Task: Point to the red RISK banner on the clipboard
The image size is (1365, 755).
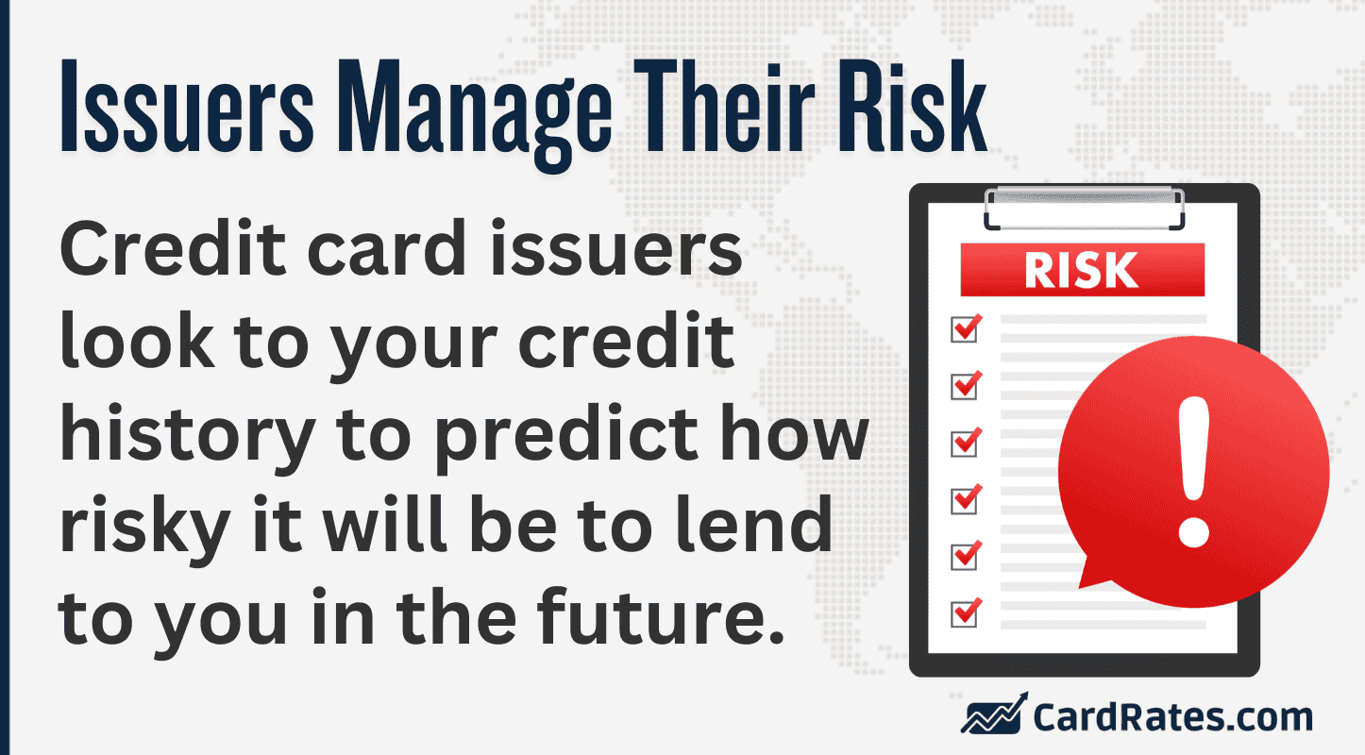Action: tap(1082, 270)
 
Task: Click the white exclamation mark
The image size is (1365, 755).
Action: tap(1194, 471)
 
